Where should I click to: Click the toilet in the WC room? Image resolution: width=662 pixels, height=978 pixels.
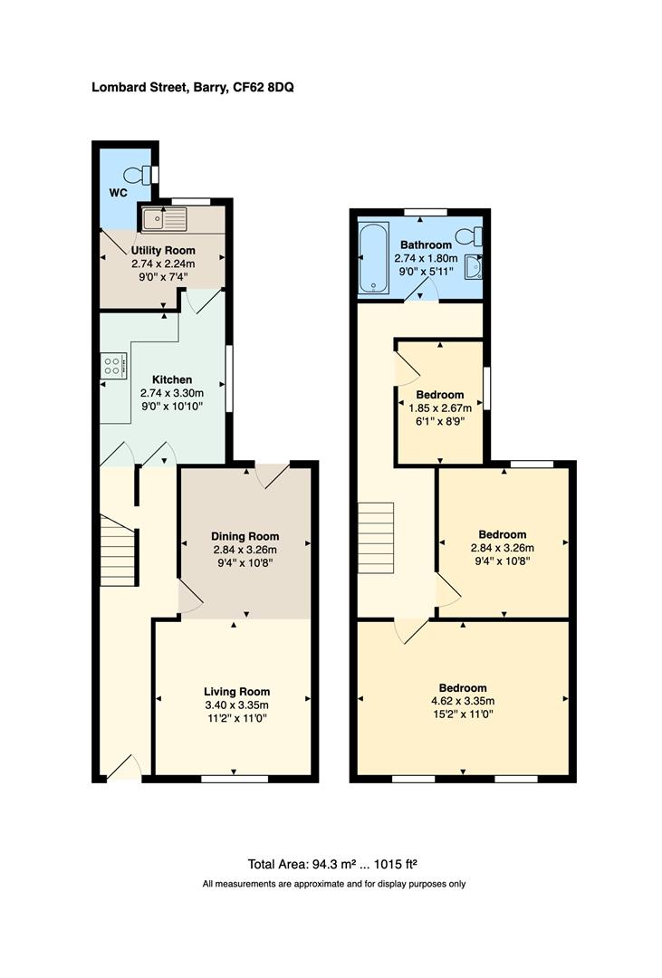139,174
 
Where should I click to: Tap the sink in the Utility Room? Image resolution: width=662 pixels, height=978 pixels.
164,219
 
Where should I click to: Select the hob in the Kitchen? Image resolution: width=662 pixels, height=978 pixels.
113,366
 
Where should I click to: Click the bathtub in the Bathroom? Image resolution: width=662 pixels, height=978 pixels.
374,257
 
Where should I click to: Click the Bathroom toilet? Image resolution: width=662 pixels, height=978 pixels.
470,236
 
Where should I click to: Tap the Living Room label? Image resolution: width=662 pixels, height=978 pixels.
237,691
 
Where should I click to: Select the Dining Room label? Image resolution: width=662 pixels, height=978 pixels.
245,536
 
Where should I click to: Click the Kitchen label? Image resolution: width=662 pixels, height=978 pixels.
172,379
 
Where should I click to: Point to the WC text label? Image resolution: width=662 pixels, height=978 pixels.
118,193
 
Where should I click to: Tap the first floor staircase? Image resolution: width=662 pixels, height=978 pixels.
376,538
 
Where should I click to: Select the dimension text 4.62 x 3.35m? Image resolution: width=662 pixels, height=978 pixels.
463,701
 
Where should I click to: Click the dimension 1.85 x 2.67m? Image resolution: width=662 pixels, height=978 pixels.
440,407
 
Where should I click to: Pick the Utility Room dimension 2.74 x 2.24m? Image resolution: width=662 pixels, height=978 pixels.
164,264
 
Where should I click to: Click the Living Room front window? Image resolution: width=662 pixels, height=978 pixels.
235,779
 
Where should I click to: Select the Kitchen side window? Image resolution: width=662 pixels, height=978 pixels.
229,379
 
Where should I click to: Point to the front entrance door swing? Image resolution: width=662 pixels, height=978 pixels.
124,768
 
